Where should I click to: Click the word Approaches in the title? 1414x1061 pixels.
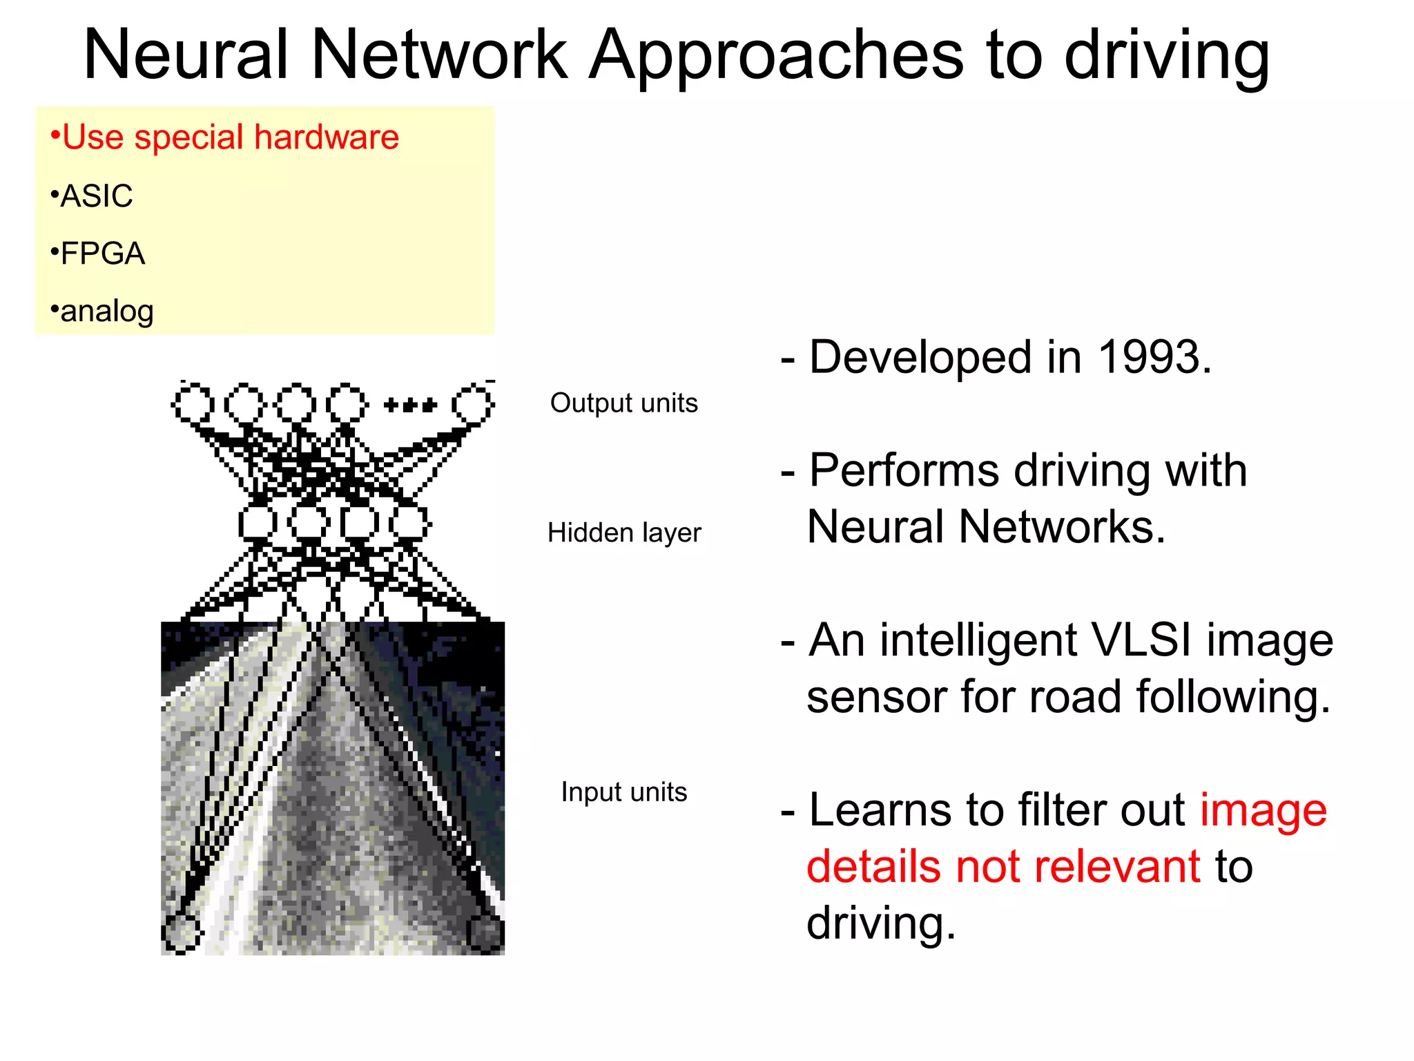click(x=776, y=57)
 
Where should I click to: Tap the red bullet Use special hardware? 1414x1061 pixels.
click(x=225, y=137)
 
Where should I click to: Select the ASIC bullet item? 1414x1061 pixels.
click(x=92, y=196)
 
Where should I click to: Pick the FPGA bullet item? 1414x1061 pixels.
click(x=98, y=254)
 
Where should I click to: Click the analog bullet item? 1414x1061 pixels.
click(x=102, y=312)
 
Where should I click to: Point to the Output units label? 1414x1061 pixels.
click(x=623, y=403)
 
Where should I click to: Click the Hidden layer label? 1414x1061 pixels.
click(x=623, y=533)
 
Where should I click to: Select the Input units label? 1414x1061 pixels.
click(x=623, y=792)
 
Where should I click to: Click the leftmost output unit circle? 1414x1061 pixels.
click(x=193, y=404)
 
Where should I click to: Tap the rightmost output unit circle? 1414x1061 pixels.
click(x=473, y=404)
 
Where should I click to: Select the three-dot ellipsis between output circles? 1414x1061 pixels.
click(x=410, y=405)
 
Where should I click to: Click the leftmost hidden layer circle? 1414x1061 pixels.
click(x=258, y=522)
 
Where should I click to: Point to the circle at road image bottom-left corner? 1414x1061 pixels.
click(x=182, y=933)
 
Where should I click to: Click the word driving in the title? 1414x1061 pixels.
click(x=1166, y=57)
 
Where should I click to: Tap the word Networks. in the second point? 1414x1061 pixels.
click(x=1062, y=527)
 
